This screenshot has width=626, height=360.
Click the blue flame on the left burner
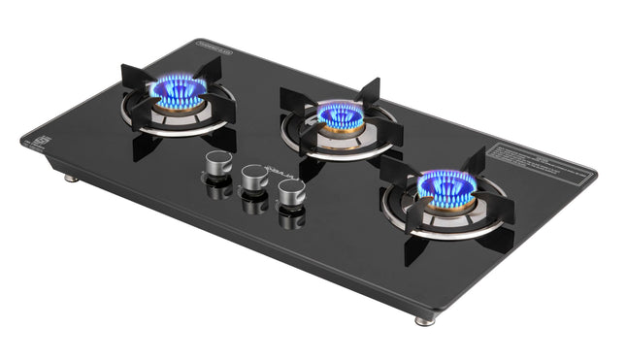[x=177, y=93]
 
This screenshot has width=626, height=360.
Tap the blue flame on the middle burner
[x=341, y=116]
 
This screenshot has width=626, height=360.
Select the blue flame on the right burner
[x=446, y=187]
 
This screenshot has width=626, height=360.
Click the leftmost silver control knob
[x=219, y=163]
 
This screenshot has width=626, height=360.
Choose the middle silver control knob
[x=255, y=178]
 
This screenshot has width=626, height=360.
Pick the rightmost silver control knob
[x=291, y=192]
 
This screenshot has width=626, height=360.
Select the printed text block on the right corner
[x=540, y=161]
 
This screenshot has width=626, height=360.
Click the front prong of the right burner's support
[x=417, y=246]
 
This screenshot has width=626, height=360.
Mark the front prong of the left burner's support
[x=147, y=146]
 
